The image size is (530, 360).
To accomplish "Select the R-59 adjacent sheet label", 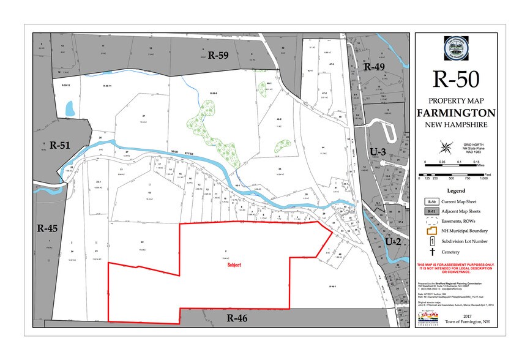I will tap(218, 54).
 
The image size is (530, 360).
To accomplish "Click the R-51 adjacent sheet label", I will tap(61, 145).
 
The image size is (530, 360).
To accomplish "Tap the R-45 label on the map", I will tap(47, 229).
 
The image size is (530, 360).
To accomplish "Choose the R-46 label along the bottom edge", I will tap(236, 318).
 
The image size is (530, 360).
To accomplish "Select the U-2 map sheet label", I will tap(394, 242).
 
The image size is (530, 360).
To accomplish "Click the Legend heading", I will tap(457, 190).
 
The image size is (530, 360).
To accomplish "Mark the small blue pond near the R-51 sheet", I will tap(69, 110).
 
